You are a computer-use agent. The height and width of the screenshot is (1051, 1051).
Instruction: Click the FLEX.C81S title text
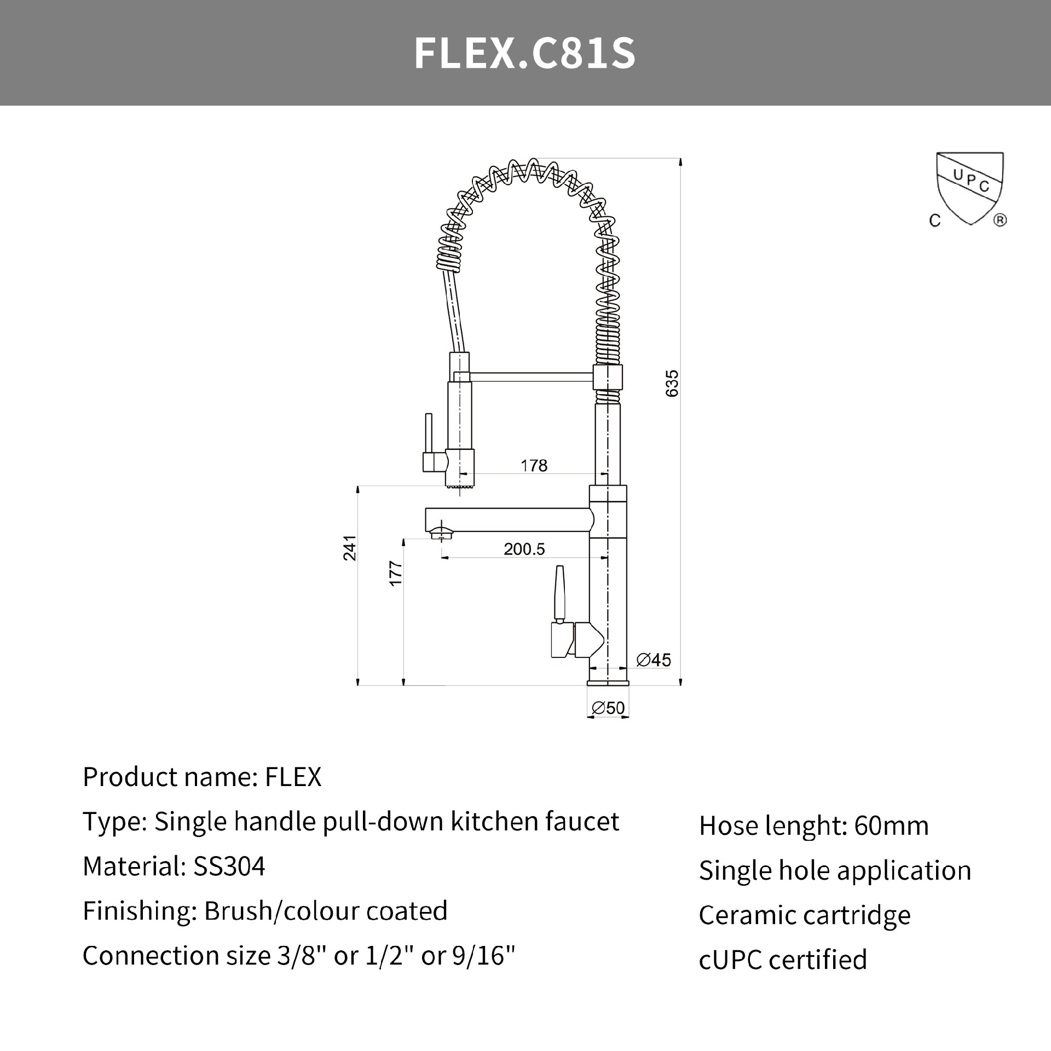(x=524, y=53)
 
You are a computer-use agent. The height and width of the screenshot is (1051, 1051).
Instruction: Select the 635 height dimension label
(x=672, y=383)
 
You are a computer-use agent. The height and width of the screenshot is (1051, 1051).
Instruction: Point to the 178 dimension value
(x=534, y=465)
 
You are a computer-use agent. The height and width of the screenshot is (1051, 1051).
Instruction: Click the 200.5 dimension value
(x=524, y=549)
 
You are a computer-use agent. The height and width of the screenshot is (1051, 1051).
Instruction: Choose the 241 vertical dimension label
(x=350, y=548)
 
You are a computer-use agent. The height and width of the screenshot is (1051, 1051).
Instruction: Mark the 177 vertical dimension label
(x=395, y=574)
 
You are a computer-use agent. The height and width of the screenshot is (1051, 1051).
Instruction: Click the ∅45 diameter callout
(x=654, y=660)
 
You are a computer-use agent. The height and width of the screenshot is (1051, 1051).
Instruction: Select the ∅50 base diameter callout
(x=608, y=708)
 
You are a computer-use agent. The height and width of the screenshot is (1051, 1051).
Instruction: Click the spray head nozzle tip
(x=460, y=485)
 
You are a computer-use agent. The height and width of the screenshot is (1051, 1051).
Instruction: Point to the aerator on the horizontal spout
(x=441, y=532)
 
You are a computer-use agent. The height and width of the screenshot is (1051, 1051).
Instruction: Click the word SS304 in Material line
(x=229, y=867)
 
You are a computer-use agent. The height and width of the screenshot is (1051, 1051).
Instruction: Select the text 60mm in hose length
(x=891, y=826)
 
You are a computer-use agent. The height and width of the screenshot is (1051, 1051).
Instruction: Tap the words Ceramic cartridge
(x=805, y=915)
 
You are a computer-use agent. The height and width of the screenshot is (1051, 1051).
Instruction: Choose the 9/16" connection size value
(x=484, y=956)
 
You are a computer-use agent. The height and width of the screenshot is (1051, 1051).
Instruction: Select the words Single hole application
(x=835, y=870)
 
